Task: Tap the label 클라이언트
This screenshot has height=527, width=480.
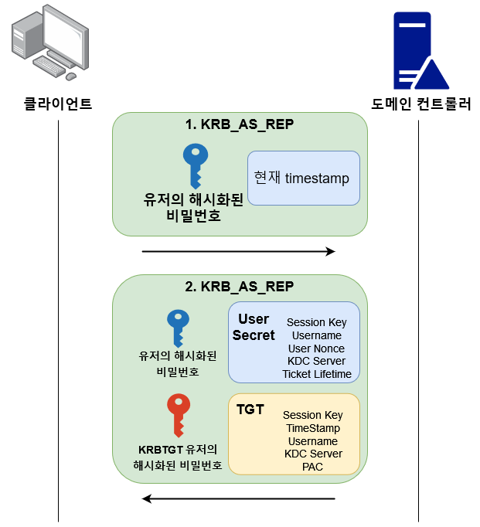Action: (58, 104)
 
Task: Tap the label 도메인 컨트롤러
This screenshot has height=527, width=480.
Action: (420, 104)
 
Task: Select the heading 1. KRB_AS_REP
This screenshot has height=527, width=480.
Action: (239, 125)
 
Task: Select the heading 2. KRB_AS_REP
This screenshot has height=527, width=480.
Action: (239, 286)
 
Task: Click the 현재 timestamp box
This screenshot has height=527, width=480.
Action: (303, 178)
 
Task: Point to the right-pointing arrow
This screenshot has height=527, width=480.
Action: (239, 251)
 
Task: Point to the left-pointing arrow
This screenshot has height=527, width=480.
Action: (239, 499)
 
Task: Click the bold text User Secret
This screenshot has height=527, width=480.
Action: (254, 327)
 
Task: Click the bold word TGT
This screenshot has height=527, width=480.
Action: (250, 409)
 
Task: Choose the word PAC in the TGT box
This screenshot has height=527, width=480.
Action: (313, 467)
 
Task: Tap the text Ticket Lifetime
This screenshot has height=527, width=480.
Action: (316, 374)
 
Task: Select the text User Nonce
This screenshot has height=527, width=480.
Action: (316, 348)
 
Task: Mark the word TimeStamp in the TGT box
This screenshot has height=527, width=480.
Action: (313, 428)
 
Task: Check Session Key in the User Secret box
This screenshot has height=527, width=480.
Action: (316, 322)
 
